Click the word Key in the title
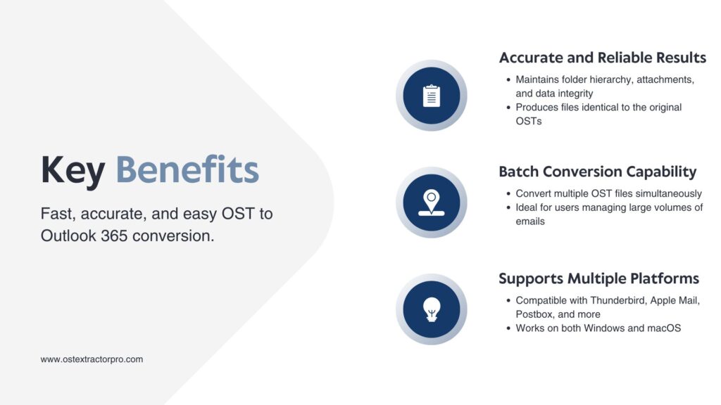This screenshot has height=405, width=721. (x=73, y=172)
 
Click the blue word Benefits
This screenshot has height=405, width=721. (x=187, y=169)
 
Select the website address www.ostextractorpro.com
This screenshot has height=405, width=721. (x=92, y=359)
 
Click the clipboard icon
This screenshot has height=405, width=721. (x=432, y=96)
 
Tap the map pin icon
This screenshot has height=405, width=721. (x=432, y=202)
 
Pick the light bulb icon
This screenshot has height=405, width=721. (x=432, y=309)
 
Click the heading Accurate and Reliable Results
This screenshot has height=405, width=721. (x=603, y=58)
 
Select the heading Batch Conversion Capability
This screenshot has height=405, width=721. (x=597, y=172)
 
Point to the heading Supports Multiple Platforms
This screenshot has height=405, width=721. (x=598, y=278)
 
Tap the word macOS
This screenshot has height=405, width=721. (x=664, y=328)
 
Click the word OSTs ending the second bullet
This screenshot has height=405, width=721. (x=529, y=121)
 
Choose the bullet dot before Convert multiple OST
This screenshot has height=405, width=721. (x=508, y=194)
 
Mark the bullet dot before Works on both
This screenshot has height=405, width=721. (x=508, y=328)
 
